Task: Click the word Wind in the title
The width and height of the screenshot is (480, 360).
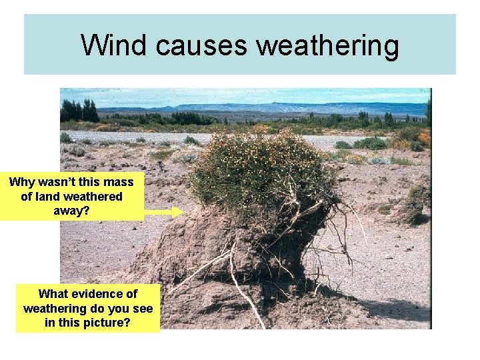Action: pos(114,45)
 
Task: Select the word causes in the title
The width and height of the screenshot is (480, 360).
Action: pos(203,45)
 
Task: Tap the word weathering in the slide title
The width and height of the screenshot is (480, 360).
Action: pos(327,45)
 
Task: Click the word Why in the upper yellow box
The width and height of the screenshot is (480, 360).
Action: pos(23,182)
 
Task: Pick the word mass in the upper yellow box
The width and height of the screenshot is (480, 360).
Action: pos(119,182)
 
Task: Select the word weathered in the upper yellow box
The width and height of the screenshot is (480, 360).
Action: pos(93,197)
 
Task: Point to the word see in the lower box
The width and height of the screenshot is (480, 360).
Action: pos(142,309)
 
